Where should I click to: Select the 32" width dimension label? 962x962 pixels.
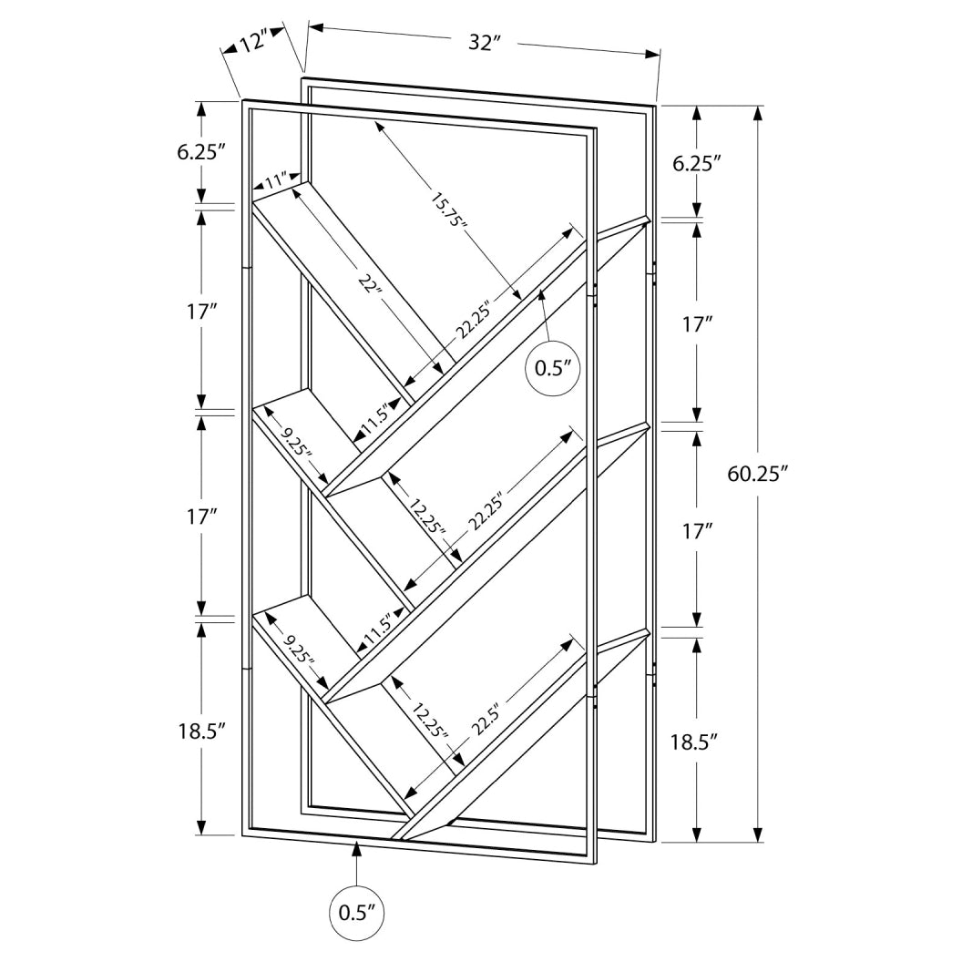click(485, 42)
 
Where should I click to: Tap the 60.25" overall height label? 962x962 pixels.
click(757, 474)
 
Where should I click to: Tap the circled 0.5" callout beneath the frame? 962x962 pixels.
click(357, 912)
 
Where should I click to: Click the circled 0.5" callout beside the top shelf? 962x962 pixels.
click(554, 367)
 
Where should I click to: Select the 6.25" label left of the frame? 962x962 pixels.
click(201, 152)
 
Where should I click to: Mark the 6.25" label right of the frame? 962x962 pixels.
click(696, 163)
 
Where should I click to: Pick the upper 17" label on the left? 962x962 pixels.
click(201, 312)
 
